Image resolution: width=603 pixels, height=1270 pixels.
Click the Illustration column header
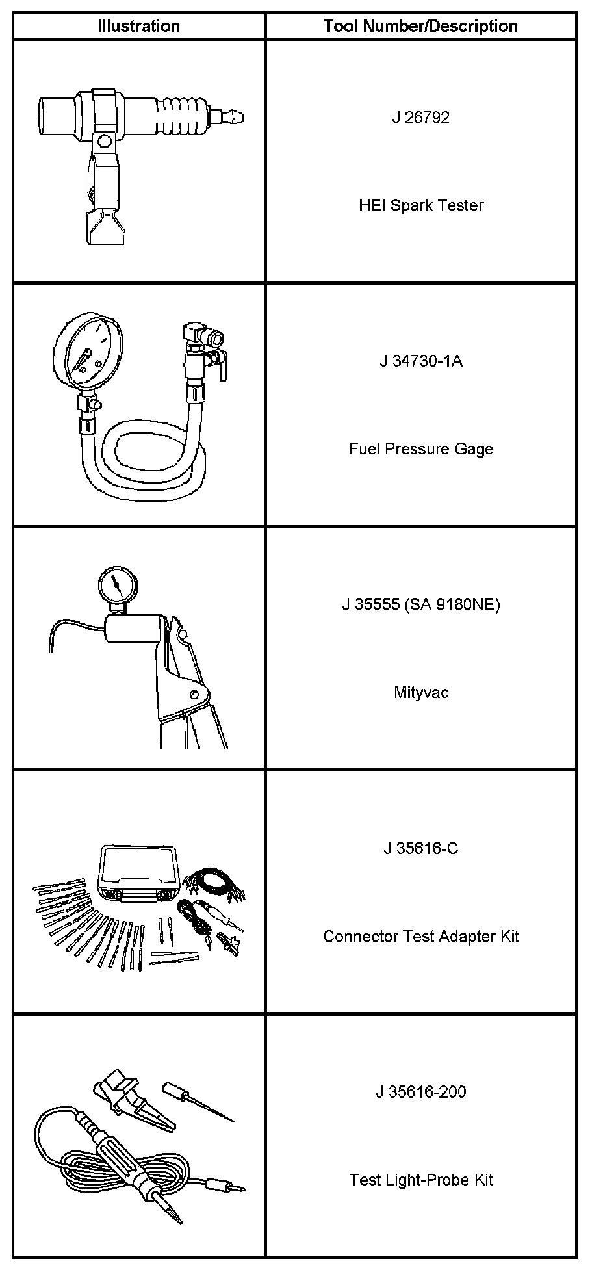point(138,27)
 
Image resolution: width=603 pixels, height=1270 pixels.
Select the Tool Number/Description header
point(420,27)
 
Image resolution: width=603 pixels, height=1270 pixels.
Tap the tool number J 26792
point(420,118)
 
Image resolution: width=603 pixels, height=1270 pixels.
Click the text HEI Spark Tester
point(421,206)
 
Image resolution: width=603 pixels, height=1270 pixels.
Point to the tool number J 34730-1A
point(420,361)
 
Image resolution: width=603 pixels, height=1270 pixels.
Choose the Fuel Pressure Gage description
point(420,449)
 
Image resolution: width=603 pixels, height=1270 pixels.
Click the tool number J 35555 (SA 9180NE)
point(420,605)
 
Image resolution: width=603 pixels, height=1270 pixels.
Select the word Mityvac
point(420,693)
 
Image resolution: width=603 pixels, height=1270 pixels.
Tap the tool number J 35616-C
point(420,849)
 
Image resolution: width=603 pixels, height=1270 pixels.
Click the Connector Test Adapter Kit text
point(420,937)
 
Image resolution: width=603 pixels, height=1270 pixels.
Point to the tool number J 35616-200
point(420,1092)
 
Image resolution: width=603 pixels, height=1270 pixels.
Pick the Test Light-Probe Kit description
point(420,1180)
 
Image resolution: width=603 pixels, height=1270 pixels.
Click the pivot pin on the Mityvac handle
point(194,693)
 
